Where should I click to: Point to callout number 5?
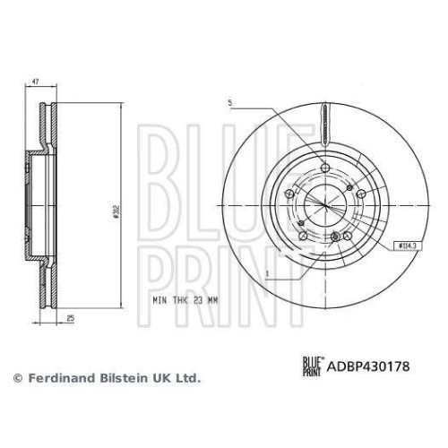pos(229,103)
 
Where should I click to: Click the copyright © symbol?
pos(15,379)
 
